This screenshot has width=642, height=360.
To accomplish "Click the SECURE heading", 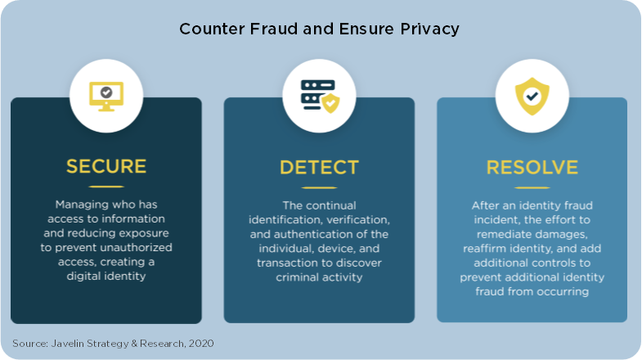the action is coord(106,166).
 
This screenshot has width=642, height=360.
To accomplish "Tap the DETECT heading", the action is coord(319,168).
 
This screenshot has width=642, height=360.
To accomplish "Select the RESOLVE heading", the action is coord(532,168).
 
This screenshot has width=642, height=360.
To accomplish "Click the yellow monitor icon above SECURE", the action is coord(106,97).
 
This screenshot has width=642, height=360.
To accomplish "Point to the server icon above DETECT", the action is coord(320,96).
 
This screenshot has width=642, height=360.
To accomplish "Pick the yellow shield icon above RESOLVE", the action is coord(532,97).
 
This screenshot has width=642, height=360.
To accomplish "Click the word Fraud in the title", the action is coord(273,29).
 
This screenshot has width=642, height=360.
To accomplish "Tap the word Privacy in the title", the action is coord(429,29).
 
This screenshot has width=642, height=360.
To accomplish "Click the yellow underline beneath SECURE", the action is coord(106,187).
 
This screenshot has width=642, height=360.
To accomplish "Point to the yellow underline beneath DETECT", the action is coord(319,187).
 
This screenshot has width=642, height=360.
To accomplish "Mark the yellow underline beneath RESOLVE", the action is coord(532,187).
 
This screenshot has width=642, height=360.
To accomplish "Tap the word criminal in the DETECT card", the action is coord(296,277).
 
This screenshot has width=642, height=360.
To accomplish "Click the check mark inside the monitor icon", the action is coord(106,92).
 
